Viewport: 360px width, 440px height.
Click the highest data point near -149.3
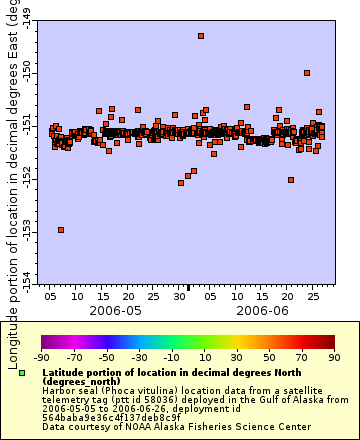(x=201, y=36)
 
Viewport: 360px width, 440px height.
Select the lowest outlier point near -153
(x=61, y=230)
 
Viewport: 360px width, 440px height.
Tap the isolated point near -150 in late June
(x=307, y=73)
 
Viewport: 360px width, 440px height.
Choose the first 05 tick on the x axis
(x=51, y=297)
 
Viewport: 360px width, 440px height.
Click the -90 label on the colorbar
(x=41, y=357)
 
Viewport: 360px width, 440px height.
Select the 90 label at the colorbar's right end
(x=333, y=357)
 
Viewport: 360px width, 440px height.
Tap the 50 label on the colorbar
(x=269, y=357)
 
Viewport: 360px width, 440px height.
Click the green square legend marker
(x=21, y=372)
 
